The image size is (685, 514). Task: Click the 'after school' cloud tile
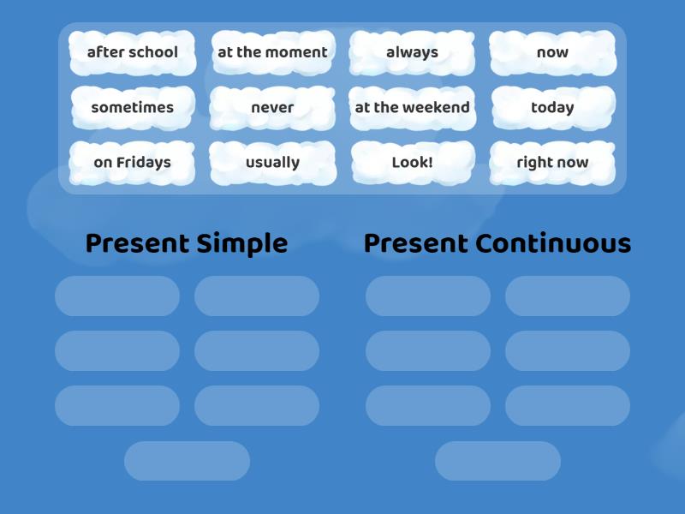(133, 52)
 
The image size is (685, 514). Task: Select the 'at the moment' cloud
(272, 52)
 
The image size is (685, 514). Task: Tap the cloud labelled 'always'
(412, 52)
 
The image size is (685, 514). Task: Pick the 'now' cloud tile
(552, 52)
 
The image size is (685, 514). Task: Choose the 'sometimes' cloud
(133, 108)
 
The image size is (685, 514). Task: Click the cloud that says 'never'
(272, 108)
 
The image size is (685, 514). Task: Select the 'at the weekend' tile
(412, 108)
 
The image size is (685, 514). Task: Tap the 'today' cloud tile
(552, 108)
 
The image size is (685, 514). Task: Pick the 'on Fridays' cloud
(133, 163)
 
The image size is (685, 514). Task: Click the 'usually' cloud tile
(272, 163)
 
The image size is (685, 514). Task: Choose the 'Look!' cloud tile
(412, 163)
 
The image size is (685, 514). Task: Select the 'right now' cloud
(552, 163)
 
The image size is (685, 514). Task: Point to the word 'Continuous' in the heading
(553, 244)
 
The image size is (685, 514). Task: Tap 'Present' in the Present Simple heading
(138, 244)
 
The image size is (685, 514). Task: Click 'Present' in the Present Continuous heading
(416, 244)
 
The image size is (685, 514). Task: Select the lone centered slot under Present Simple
(187, 461)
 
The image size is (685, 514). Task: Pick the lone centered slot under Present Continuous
(497, 461)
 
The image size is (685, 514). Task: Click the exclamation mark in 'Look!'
(430, 162)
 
